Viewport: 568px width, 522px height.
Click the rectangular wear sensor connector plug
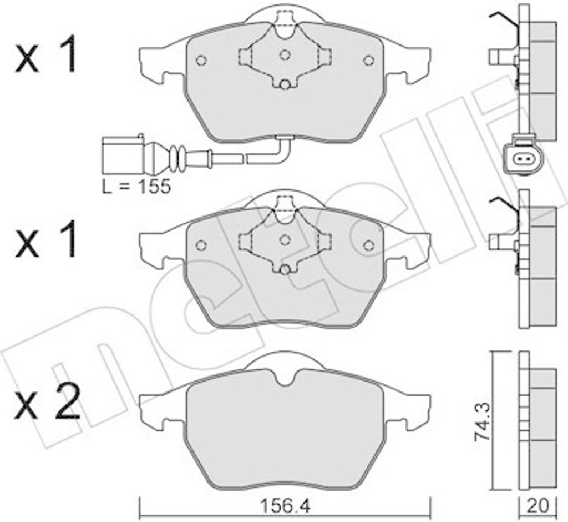click(x=124, y=155)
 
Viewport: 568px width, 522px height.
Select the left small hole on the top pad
click(x=201, y=60)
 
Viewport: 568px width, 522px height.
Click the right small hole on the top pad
click(x=368, y=60)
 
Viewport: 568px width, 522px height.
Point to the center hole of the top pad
click(x=285, y=55)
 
